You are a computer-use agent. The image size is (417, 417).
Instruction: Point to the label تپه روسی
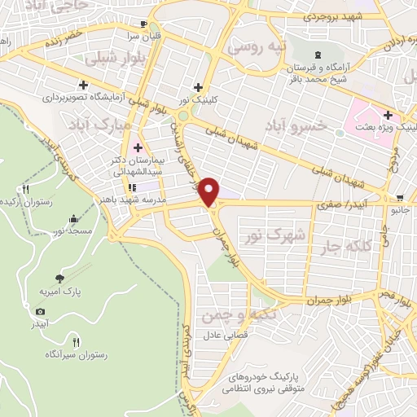258,47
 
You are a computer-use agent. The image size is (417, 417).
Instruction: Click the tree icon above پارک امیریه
59,277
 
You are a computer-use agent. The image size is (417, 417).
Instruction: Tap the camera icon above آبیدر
40,311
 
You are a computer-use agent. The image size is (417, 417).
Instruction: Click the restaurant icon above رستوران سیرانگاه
77,343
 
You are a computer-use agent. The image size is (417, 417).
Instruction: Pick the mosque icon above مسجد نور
75,218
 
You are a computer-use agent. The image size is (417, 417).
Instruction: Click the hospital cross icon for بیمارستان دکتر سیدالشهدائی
137,148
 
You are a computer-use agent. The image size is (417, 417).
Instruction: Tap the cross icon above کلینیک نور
198,87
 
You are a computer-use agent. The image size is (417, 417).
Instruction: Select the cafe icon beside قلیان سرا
144,24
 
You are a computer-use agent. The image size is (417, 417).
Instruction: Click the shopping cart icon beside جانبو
400,197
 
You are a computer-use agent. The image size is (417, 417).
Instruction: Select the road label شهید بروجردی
329,15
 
